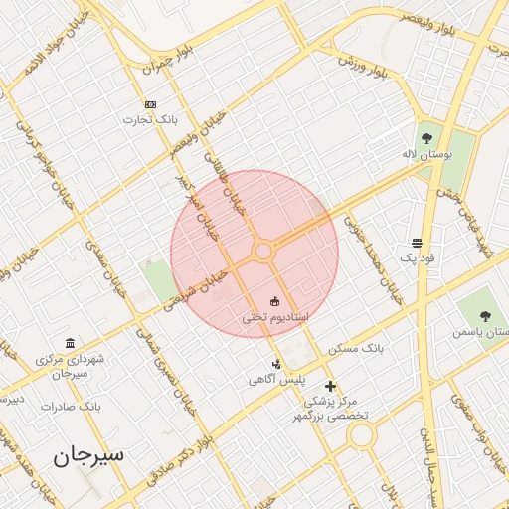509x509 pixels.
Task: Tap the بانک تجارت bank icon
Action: [150, 104]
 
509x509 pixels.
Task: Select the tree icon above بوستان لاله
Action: [426, 138]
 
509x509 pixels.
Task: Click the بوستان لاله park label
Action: [426, 156]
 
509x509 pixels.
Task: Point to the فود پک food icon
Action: [416, 243]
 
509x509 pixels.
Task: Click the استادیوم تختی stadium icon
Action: [275, 301]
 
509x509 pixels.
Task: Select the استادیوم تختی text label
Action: [275, 317]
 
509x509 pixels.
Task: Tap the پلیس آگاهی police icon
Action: [276, 365]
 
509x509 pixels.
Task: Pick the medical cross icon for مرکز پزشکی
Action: [330, 386]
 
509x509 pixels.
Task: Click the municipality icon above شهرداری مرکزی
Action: [69, 342]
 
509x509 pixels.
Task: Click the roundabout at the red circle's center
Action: [263, 252]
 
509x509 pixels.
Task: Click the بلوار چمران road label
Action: [165, 59]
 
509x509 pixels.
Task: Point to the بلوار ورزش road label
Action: [361, 66]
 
